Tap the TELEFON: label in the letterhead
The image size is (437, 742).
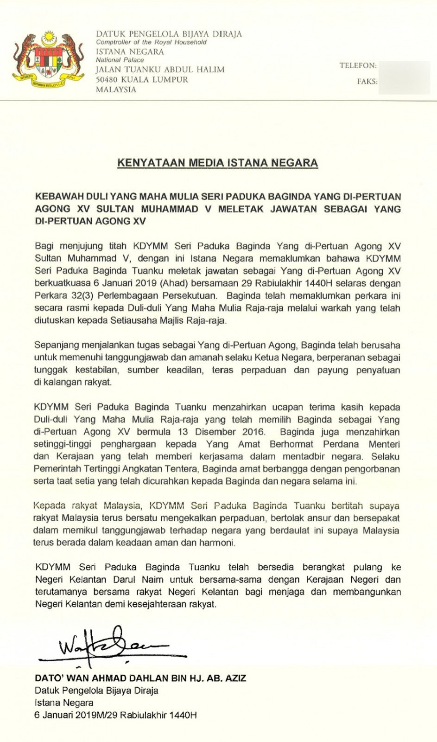coord(358,65)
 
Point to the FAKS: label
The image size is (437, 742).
coord(367,81)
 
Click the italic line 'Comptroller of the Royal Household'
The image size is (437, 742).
coord(151,42)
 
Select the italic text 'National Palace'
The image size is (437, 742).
coord(120,60)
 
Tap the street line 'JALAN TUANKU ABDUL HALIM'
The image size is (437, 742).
coord(160,70)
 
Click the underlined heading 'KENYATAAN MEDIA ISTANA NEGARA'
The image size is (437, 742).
coord(217,163)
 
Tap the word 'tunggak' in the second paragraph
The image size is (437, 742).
coord(51,370)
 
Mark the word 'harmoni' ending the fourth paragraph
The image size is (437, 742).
coord(215,542)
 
